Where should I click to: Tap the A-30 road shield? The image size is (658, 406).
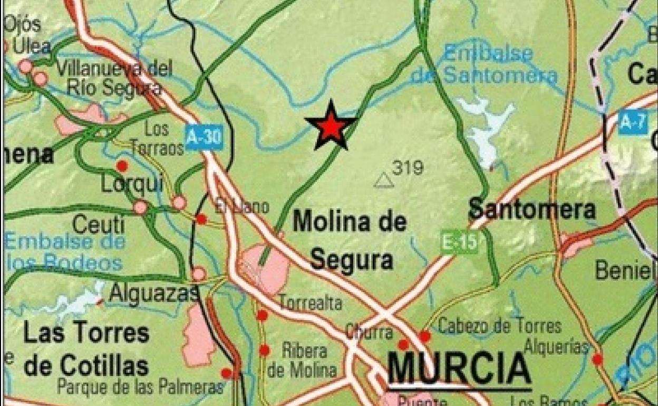(204, 138)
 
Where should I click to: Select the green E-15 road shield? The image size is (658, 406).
(459, 244)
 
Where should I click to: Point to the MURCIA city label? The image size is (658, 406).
(459, 369)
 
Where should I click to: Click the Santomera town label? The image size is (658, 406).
(531, 209)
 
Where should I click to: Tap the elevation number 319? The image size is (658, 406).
(408, 168)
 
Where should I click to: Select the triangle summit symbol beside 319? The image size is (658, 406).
(384, 181)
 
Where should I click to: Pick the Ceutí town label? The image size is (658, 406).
(99, 225)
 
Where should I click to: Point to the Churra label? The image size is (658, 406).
(369, 332)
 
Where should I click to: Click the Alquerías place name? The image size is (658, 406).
(556, 346)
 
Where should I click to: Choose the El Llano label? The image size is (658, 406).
(242, 206)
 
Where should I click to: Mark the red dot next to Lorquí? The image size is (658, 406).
(122, 166)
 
